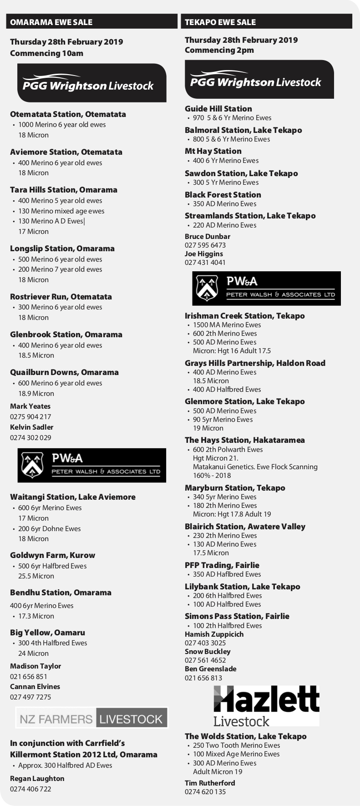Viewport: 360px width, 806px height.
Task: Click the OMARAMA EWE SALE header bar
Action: click(x=91, y=22)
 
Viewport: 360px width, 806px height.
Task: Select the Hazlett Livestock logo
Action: click(x=266, y=706)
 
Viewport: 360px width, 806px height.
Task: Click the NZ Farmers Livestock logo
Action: click(x=91, y=719)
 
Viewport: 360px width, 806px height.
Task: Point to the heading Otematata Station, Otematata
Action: click(x=68, y=114)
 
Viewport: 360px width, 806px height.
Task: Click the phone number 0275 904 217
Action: click(x=30, y=416)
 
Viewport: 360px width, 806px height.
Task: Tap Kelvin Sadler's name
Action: click(x=31, y=427)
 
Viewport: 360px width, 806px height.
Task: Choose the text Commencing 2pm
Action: click(x=219, y=50)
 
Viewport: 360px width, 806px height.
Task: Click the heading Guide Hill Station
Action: click(x=218, y=109)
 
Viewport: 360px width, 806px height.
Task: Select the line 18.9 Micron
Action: click(x=36, y=393)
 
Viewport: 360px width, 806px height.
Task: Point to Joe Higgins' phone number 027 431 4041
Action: click(x=205, y=262)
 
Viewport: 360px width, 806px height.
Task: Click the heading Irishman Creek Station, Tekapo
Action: click(x=244, y=316)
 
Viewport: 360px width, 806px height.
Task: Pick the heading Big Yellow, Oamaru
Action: click(x=47, y=633)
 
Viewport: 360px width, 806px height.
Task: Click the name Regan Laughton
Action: click(x=37, y=778)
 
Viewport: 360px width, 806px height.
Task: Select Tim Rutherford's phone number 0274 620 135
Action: click(x=205, y=791)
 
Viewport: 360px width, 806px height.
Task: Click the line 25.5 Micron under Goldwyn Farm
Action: click(x=36, y=576)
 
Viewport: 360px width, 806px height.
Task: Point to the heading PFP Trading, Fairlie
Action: click(x=222, y=565)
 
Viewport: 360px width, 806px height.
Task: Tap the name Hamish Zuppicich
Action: click(x=214, y=634)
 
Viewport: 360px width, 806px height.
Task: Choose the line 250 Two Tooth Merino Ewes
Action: click(x=236, y=745)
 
